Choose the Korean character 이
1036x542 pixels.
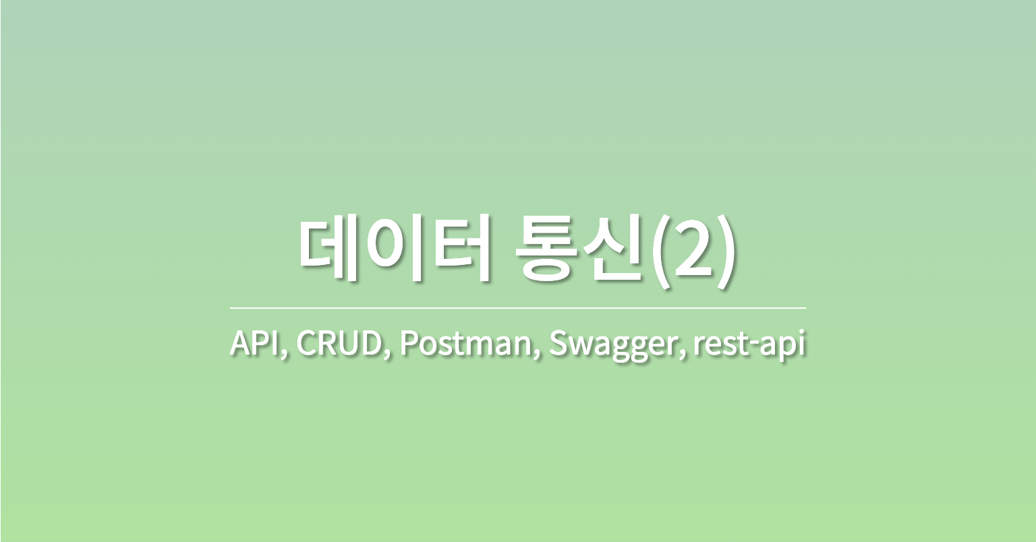(x=394, y=250)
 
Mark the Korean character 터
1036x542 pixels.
(x=458, y=250)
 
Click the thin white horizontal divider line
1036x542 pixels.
(x=517, y=307)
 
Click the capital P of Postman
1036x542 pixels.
(x=408, y=344)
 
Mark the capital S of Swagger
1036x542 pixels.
(x=558, y=344)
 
